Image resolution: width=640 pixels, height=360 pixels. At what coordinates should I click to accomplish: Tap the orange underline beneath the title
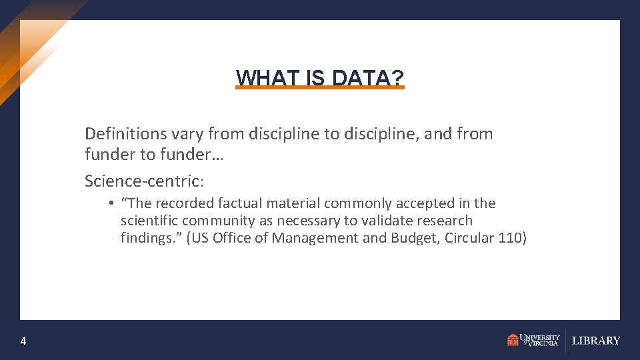320,87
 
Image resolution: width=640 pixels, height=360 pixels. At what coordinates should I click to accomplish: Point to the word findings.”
151,238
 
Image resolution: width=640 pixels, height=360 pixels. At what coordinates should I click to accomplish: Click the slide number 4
23,341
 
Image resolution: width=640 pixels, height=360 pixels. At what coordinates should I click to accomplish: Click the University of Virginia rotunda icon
513,340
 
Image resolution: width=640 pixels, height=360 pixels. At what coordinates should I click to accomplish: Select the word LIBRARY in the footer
596,341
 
